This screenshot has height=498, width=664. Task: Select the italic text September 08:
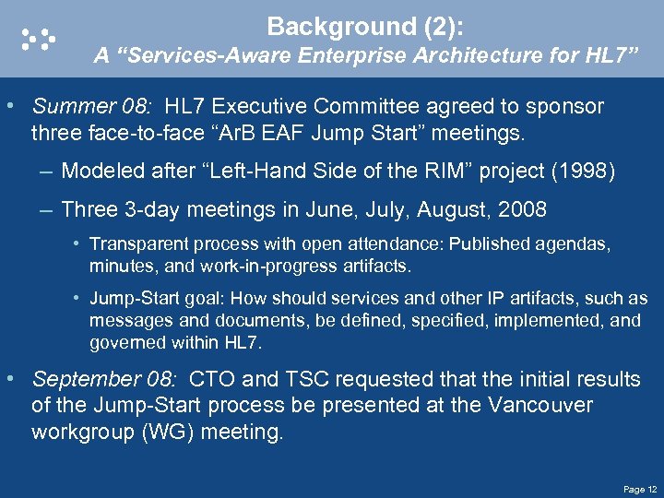(106, 379)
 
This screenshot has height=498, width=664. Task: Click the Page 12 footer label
(639, 489)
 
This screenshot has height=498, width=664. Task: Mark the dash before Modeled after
(46, 172)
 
